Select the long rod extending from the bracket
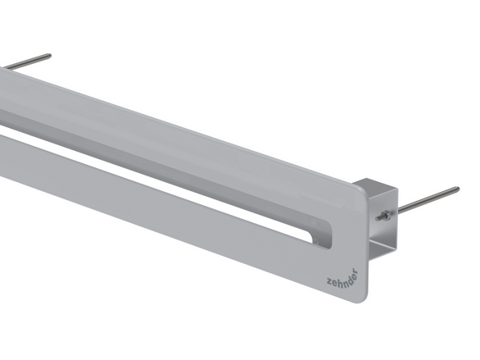pos(427,199)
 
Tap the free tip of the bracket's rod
pos(457,189)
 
